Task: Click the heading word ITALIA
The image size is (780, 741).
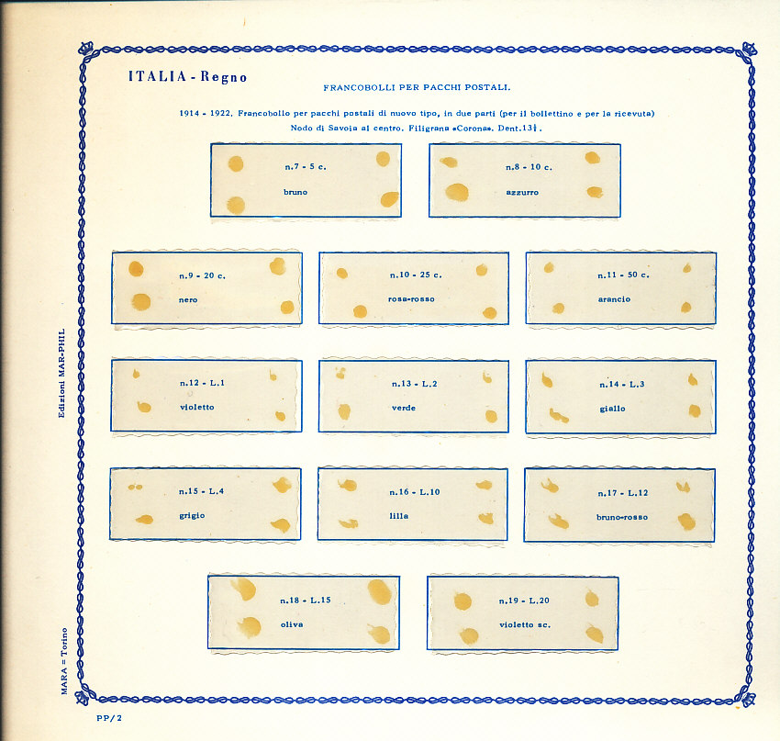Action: point(157,76)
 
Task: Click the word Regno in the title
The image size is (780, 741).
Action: point(221,76)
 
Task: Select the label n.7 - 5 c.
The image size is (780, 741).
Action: point(306,167)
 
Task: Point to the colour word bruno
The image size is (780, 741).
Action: point(295,192)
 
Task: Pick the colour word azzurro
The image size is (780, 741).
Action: point(522,192)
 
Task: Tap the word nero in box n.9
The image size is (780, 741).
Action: point(188,299)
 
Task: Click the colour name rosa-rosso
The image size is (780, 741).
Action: point(412,299)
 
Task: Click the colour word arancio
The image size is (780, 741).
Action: point(614,299)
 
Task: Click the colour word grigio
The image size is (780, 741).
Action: point(192,516)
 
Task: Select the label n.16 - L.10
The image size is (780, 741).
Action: point(415,492)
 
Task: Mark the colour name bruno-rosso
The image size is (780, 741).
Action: point(622,517)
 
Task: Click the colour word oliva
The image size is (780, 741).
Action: point(292,624)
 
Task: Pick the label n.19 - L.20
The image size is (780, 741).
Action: point(524,601)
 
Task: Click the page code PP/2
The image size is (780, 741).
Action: point(108,719)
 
